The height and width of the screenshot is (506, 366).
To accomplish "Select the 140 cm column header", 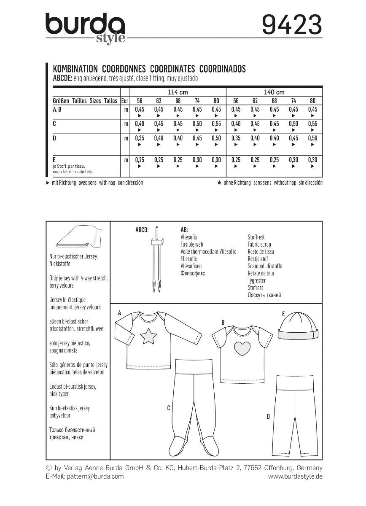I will [274, 92].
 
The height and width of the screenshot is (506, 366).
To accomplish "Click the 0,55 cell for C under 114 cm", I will [216, 124].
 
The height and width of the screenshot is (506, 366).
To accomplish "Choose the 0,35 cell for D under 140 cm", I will [236, 138].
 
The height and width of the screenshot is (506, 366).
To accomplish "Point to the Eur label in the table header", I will [124, 101].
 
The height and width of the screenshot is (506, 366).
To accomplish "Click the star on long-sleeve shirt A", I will [148, 337].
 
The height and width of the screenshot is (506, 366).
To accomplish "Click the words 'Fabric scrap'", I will [259, 245].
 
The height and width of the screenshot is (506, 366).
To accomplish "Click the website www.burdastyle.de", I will [295, 476].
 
